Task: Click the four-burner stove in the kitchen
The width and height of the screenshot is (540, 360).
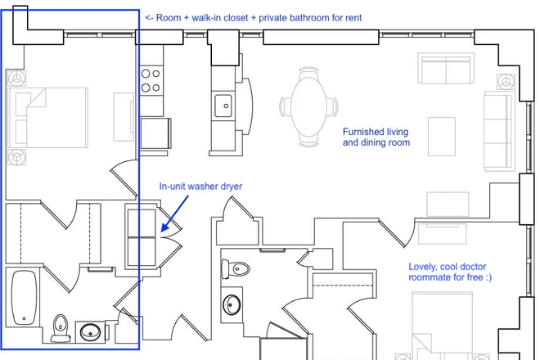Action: pos(151,80)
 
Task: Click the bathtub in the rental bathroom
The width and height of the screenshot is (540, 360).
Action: pos(25,296)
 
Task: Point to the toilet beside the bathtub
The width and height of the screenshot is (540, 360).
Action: pos(59,328)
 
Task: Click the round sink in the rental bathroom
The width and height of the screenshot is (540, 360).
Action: pos(90,332)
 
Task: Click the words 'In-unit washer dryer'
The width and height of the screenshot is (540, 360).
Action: pos(200,187)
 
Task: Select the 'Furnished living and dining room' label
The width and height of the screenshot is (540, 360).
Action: pos(376,137)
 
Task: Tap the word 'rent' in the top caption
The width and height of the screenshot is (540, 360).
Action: pos(351,17)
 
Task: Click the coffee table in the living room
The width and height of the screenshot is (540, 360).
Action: pos(442,135)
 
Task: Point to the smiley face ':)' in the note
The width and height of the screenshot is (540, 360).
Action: pos(486,278)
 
